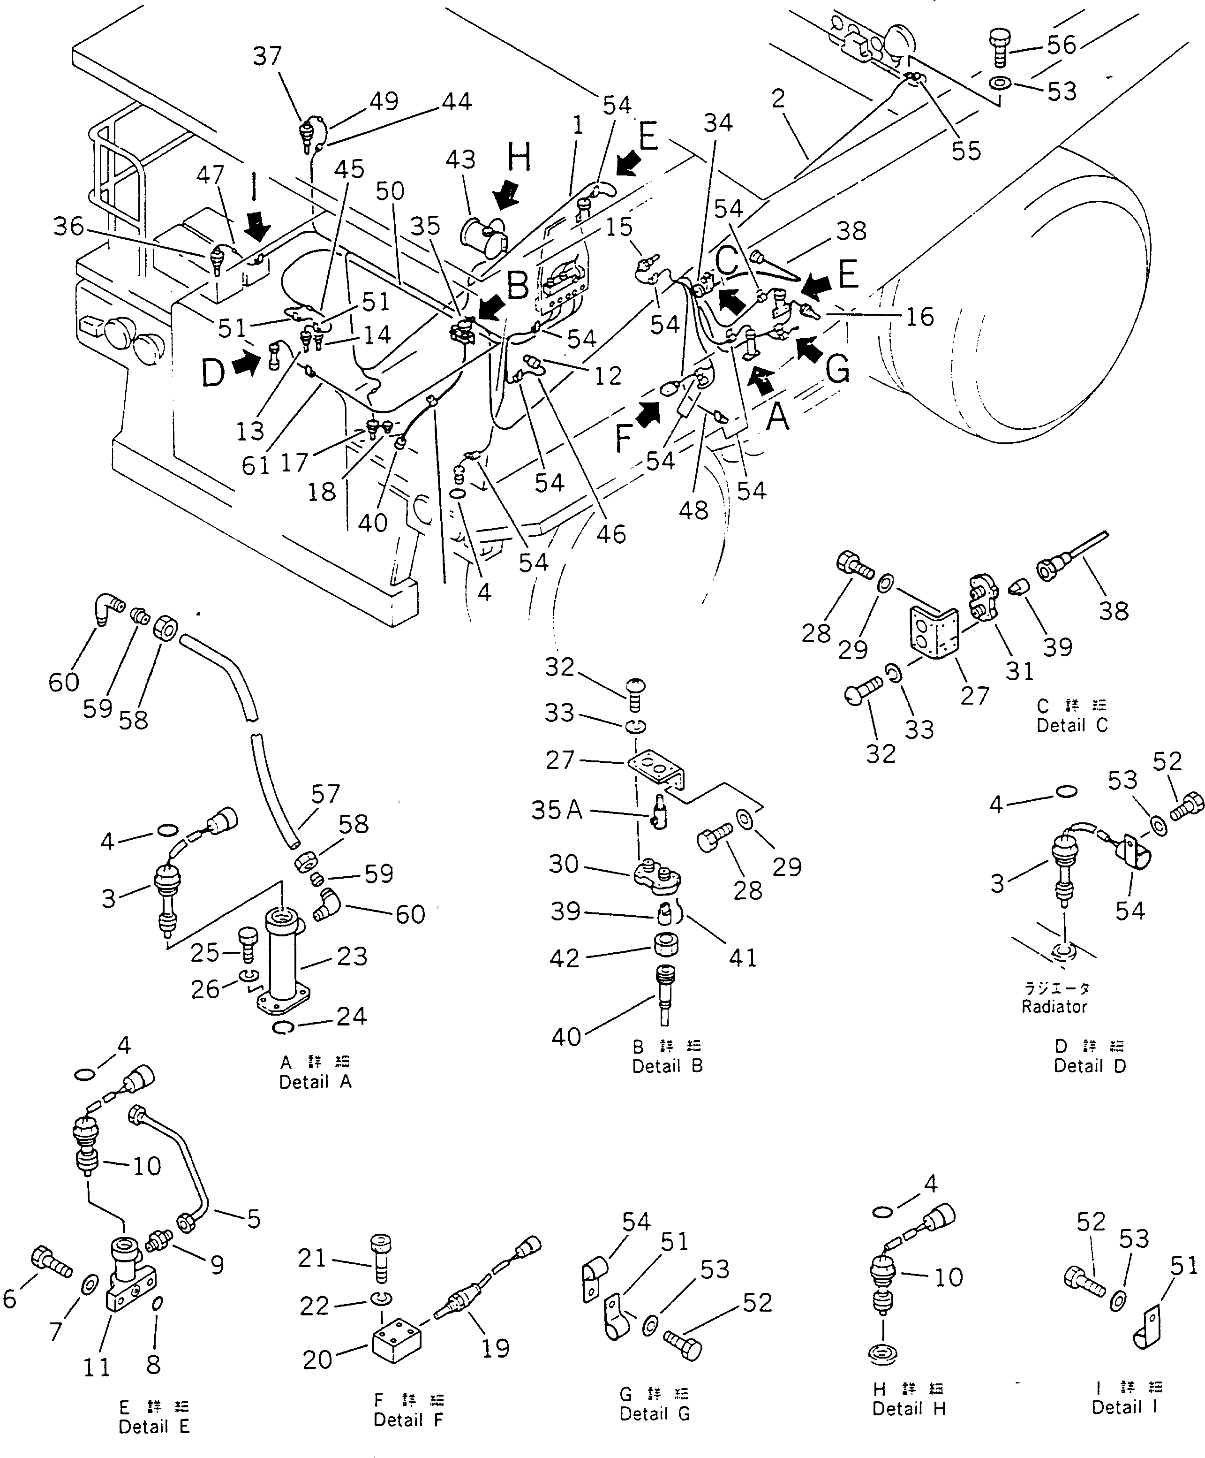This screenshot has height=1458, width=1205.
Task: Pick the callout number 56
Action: pos(1062,45)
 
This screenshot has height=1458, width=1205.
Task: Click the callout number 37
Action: pos(267,56)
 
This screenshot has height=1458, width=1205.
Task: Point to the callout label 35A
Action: pos(556,810)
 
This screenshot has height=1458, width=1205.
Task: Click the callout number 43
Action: pos(460,159)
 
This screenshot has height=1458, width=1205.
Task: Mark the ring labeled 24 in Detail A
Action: pos(288,1029)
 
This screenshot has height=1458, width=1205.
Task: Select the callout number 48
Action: pos(693,510)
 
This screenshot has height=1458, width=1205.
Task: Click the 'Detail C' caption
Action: pos(1072,726)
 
